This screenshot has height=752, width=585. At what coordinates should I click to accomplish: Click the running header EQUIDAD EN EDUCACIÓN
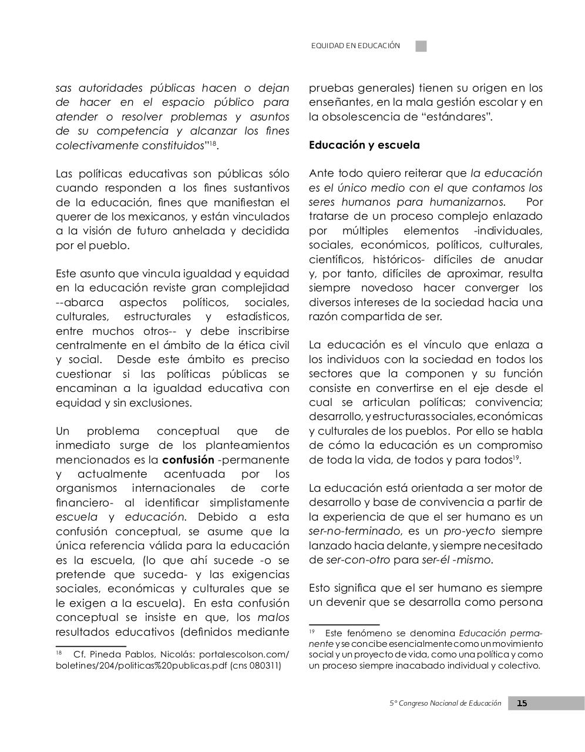point(355,46)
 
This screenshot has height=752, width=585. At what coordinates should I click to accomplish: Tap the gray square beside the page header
point(421,46)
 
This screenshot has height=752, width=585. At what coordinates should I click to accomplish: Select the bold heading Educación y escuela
point(364,145)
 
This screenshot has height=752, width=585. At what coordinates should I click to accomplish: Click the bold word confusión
point(188,459)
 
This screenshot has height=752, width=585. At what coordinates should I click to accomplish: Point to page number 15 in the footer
point(522,703)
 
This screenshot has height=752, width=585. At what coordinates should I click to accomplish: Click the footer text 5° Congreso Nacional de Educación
point(446,703)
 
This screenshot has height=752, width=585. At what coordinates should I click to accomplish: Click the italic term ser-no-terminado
point(355,531)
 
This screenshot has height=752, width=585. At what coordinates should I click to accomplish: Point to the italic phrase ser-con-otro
point(358,560)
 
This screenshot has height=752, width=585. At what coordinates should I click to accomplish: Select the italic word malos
point(273,617)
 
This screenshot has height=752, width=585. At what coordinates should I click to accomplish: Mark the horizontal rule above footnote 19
point(344,625)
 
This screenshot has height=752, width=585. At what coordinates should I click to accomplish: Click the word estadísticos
point(257,317)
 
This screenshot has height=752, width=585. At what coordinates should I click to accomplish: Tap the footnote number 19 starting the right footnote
point(312,633)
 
